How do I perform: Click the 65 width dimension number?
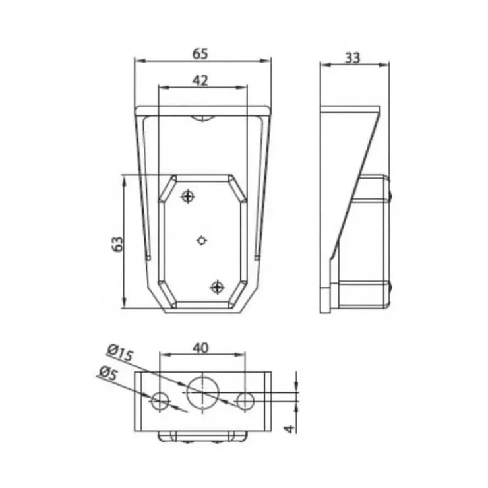click(x=200, y=53)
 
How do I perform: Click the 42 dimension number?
click(x=200, y=80)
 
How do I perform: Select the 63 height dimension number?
click(x=117, y=244)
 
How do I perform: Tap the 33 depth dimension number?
click(x=353, y=58)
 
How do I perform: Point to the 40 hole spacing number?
click(x=200, y=348)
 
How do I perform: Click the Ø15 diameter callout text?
click(x=121, y=352)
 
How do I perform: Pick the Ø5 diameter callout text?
click(x=109, y=373)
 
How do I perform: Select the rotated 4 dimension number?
click(x=290, y=429)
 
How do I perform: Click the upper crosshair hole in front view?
click(x=188, y=197)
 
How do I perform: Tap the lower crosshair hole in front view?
click(x=217, y=287)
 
